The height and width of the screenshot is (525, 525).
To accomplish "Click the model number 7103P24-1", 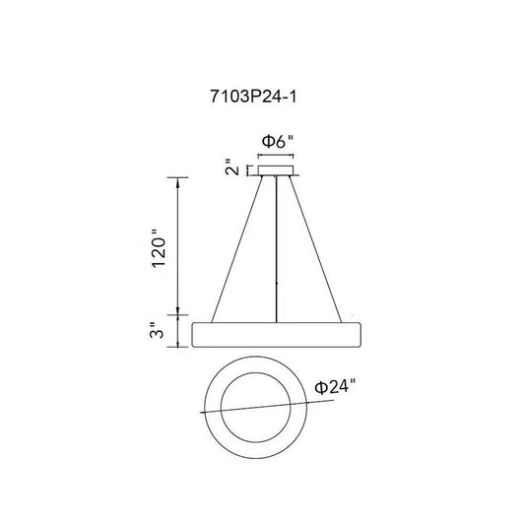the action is [253, 97].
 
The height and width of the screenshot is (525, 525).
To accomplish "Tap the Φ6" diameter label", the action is [278, 141].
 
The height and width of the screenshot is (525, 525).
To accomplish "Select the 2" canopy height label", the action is [232, 167].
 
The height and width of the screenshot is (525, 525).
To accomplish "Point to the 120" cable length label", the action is [159, 248].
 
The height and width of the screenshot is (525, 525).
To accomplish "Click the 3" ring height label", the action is [157, 330].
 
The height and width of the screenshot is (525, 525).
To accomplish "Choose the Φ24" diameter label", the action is [335, 387].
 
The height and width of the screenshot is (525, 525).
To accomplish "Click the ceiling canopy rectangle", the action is [276, 170].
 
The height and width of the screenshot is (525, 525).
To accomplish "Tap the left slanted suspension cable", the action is [237, 249].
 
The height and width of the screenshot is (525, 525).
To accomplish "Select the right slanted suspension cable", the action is [315, 249].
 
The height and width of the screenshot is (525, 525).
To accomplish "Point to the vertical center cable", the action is [276, 249].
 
